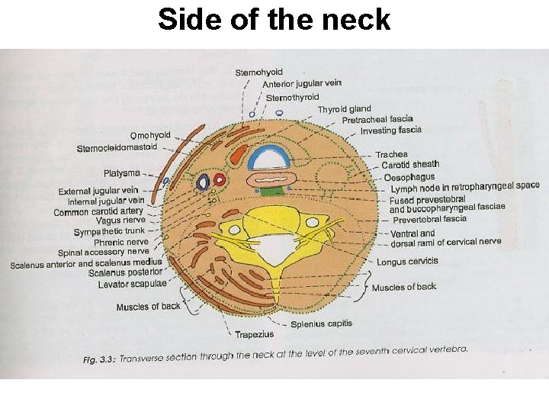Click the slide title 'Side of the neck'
(274, 20)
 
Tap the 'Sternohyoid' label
(258, 72)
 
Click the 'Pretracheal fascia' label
(377, 120)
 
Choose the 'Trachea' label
(391, 154)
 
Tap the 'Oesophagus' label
(408, 177)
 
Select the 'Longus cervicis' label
(407, 261)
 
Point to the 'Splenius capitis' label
(321, 323)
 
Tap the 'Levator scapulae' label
(132, 284)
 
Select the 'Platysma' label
(122, 173)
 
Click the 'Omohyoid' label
(150, 136)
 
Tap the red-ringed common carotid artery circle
(220, 180)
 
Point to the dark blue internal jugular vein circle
(204, 182)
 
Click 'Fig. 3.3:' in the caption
(100, 359)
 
